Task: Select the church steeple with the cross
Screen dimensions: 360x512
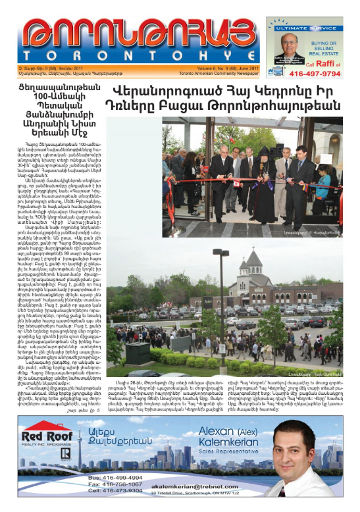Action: (252, 261)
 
